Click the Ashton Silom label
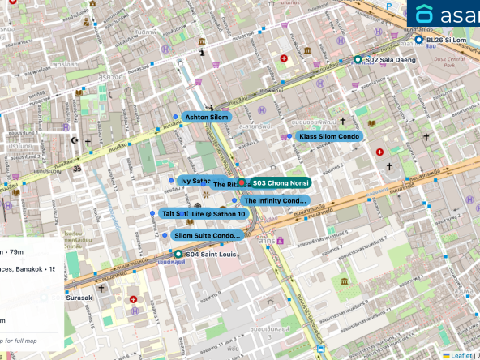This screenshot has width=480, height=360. (x=208, y=117)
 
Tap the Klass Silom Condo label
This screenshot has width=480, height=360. (x=328, y=136)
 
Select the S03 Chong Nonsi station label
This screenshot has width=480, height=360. (x=280, y=183)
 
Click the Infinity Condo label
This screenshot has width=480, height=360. (x=275, y=200)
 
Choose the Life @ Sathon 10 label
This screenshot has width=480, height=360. (x=218, y=213)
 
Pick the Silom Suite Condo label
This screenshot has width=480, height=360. (x=208, y=235)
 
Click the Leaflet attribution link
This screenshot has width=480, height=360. (x=460, y=355)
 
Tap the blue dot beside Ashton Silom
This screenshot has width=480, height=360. (x=176, y=117)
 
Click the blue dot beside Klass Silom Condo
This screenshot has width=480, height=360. (x=289, y=136)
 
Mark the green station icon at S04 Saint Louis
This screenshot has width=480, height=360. (x=178, y=254)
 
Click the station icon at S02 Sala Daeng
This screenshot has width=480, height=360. (x=358, y=59)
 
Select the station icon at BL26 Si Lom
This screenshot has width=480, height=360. (x=418, y=40)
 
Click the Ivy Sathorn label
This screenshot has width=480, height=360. (x=195, y=181)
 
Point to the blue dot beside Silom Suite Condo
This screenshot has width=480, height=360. (x=165, y=235)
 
